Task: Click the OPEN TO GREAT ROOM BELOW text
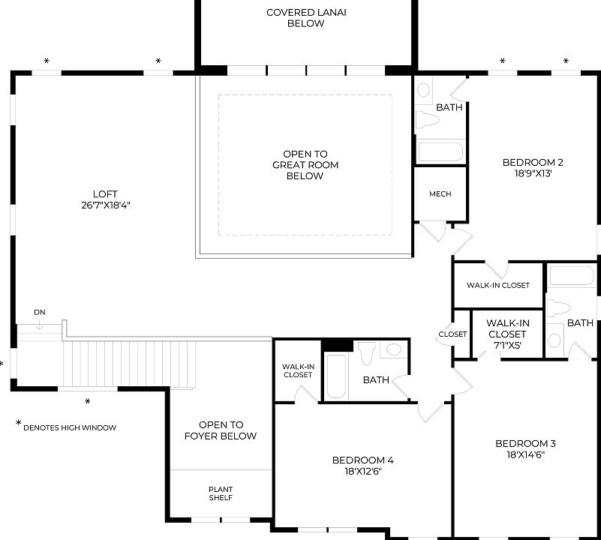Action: point(305,165)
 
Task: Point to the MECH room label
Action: point(440,194)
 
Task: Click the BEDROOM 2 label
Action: point(532,162)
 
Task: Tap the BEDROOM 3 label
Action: point(525,443)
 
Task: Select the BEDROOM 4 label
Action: point(362,460)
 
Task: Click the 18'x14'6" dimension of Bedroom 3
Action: point(525,454)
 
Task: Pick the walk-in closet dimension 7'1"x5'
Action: point(507,345)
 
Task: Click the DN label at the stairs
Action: point(40,312)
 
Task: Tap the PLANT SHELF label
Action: point(221,493)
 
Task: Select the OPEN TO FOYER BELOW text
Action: point(221,430)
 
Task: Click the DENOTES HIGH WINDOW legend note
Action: point(69,427)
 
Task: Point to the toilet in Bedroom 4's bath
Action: point(368,352)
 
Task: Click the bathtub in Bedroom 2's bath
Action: point(440,151)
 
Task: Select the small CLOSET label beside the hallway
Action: point(452,334)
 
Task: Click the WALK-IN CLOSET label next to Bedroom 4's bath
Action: point(297,370)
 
